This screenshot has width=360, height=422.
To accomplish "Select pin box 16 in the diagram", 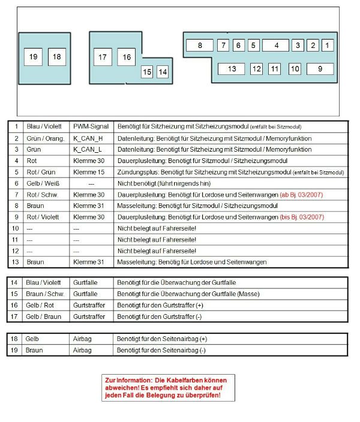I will (x=127, y=58).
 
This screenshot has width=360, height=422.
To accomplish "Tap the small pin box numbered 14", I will (x=162, y=72).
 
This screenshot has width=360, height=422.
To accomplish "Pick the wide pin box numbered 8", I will (x=200, y=45).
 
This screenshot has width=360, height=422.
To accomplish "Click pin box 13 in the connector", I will (x=232, y=69).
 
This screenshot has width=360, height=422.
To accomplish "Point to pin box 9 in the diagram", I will (x=320, y=69).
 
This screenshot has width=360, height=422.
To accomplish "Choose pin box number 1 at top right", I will (x=327, y=45).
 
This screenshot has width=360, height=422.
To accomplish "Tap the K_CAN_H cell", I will (x=88, y=138).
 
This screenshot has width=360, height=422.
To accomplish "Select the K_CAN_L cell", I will (x=88, y=149).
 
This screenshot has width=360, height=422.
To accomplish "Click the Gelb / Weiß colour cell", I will (x=41, y=183).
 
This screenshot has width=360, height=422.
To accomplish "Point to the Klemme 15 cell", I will (x=88, y=172).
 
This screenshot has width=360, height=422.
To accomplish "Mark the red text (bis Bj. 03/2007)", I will (x=303, y=217).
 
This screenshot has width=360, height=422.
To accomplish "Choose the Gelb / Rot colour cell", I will (x=38, y=305).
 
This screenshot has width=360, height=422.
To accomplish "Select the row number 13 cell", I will (x=16, y=262).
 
